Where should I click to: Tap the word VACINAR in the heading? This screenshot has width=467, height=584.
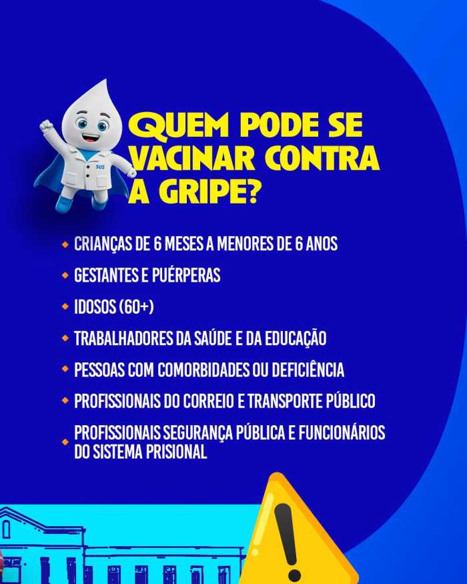tap(193, 158)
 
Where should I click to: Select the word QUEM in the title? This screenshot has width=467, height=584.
tap(178, 125)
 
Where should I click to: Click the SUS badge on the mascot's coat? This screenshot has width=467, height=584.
tap(100, 168)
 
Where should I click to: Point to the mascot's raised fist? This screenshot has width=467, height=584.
tap(47, 126)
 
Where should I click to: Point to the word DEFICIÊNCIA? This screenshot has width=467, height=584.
tap(308, 370)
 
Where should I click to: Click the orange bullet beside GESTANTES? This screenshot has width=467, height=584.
tap(65, 276)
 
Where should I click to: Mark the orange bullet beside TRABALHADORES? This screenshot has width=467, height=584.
tap(65, 338)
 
